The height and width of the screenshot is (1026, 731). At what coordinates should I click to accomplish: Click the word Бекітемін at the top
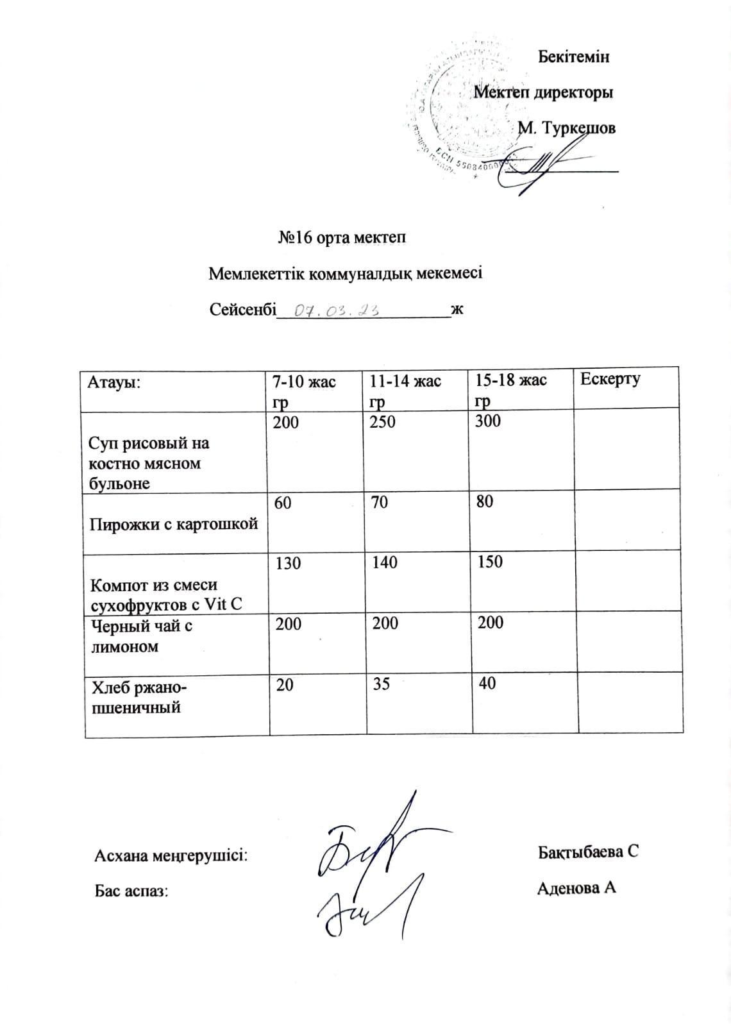(x=573, y=56)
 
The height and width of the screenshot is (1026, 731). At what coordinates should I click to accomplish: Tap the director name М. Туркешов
(x=566, y=128)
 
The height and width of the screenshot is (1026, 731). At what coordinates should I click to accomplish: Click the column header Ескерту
(x=610, y=379)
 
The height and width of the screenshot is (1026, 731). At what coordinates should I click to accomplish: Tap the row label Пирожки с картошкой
(x=174, y=524)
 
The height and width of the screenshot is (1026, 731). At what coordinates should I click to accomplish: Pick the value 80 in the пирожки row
(x=485, y=502)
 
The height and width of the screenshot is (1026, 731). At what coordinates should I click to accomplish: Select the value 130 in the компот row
(x=287, y=563)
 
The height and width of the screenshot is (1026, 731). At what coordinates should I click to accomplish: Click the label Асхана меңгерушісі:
(x=171, y=855)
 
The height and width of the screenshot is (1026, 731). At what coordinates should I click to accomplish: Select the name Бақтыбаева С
(x=589, y=852)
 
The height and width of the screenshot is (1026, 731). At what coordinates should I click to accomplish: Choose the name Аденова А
(x=576, y=888)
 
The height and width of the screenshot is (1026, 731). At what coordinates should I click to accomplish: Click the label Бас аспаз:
(x=131, y=891)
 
